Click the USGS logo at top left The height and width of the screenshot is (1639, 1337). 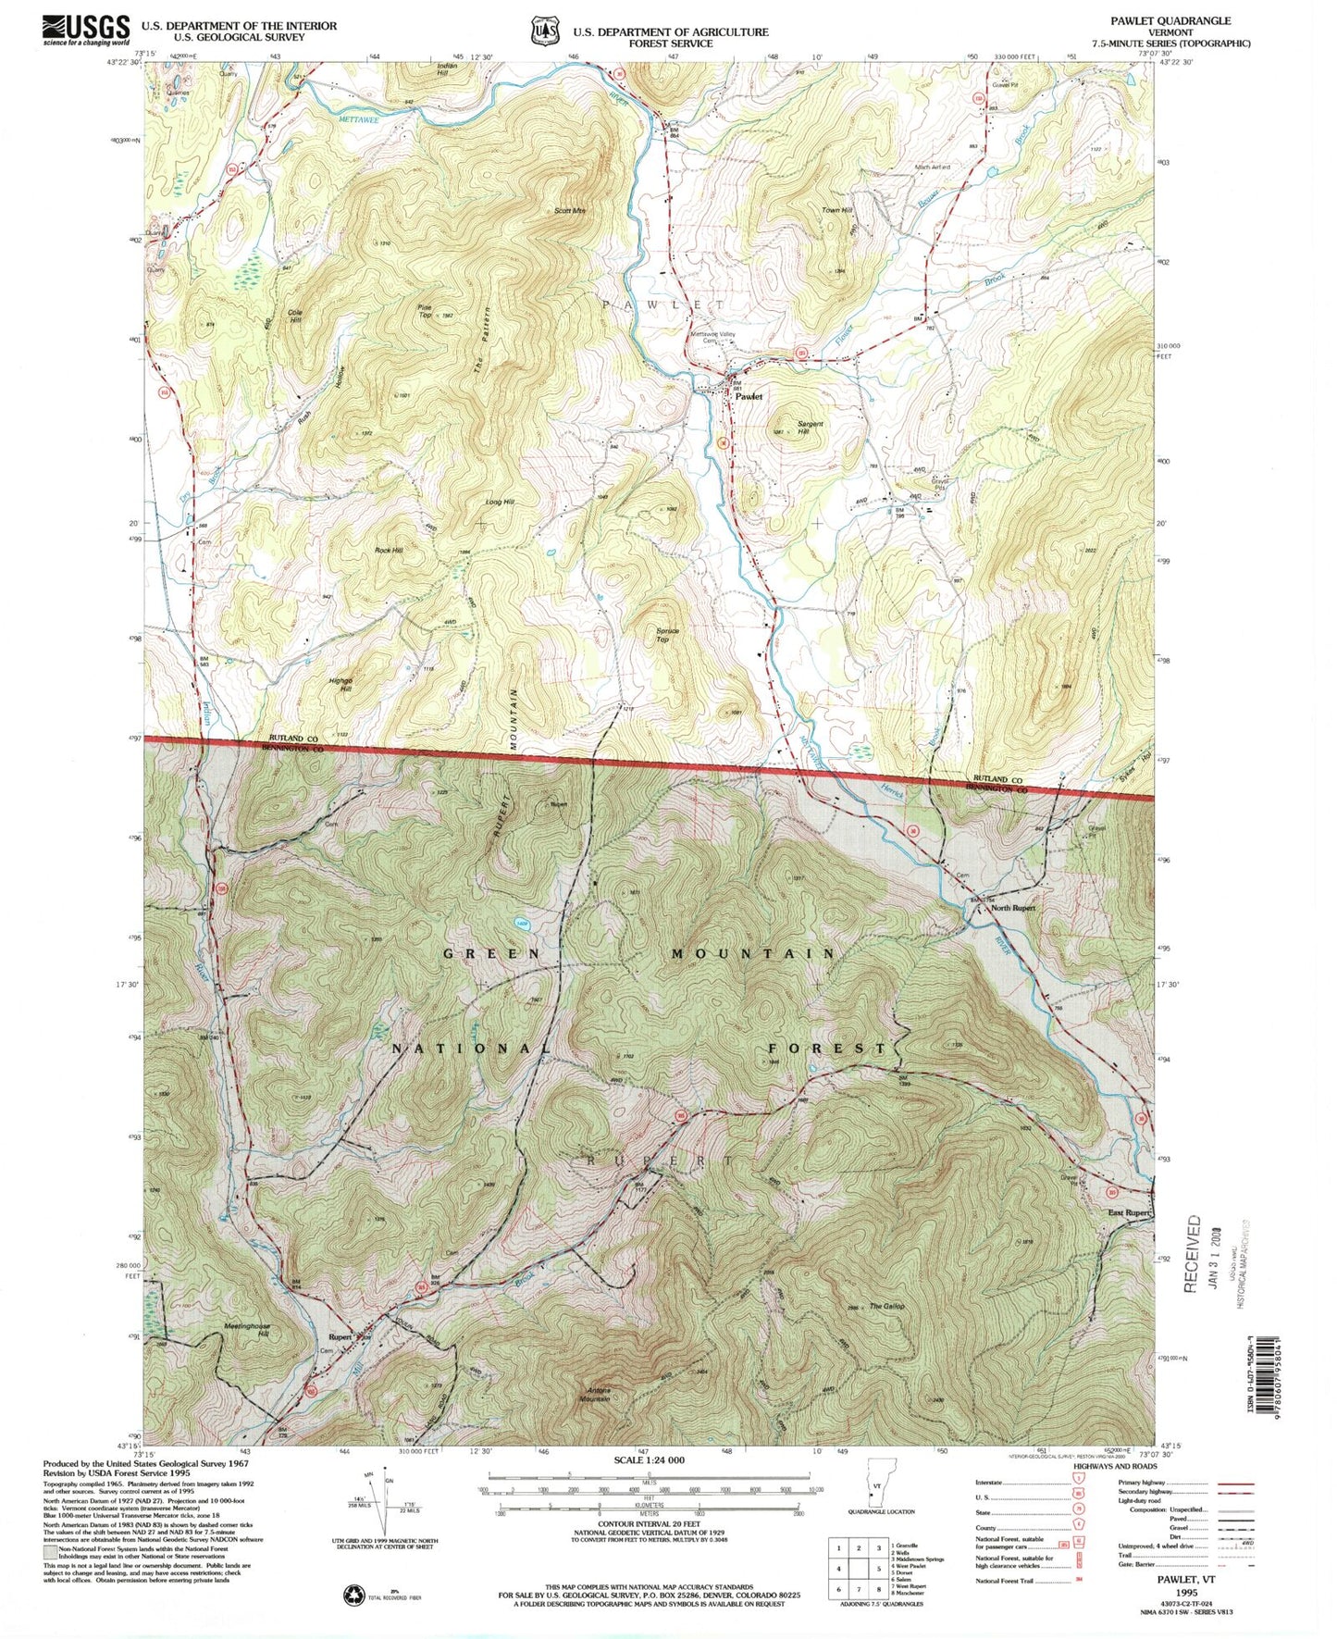point(85,30)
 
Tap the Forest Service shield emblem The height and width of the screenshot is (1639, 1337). point(544,31)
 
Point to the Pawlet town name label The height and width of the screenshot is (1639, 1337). point(749,396)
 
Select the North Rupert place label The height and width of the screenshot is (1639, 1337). point(1013,908)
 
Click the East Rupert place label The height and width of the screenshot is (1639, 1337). point(1128,1212)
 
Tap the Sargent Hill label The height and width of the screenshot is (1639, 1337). point(810,428)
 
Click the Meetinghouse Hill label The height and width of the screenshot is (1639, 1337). point(247,1330)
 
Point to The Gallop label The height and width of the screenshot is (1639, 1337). point(886,1307)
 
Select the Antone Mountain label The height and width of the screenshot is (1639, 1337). point(610,1395)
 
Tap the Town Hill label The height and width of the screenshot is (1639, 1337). point(836,211)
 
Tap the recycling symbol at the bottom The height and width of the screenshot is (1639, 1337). point(354,1595)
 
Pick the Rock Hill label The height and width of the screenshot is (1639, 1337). point(389,551)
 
